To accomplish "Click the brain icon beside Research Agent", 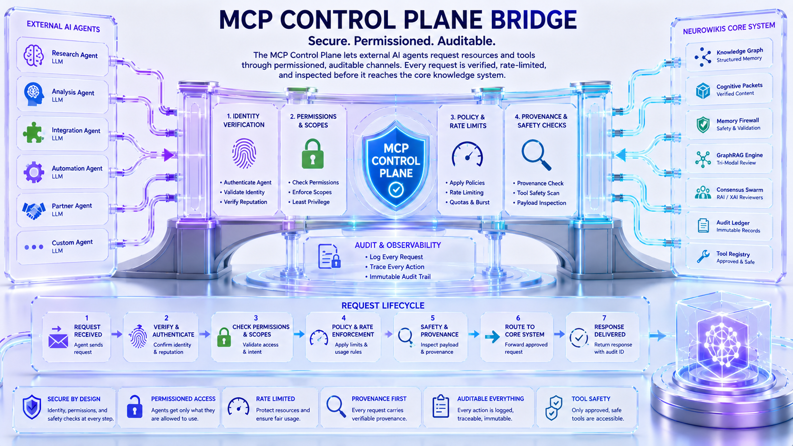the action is tap(34, 55).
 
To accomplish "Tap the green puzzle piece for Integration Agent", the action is tap(33, 133).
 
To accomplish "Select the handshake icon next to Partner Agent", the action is tap(34, 210).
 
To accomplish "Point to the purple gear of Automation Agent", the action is tap(34, 172).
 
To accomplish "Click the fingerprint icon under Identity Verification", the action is tap(244, 153).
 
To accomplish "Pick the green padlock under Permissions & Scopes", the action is tap(313, 154).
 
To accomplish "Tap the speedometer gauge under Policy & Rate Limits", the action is tap(467, 154).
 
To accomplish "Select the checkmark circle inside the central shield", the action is tap(396, 190).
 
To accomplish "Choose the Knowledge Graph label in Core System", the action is tap(739, 51).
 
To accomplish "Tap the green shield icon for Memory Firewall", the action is tap(703, 125).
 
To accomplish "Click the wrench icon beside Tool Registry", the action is tap(703, 256).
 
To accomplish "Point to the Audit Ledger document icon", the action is tap(703, 225).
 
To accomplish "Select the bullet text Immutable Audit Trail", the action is tap(400, 277).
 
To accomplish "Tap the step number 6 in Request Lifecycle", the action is tap(518, 318).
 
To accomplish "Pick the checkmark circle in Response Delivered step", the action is tap(579, 337).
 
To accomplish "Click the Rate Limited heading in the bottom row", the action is tap(276, 399).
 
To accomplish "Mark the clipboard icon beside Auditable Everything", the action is tap(441, 406).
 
